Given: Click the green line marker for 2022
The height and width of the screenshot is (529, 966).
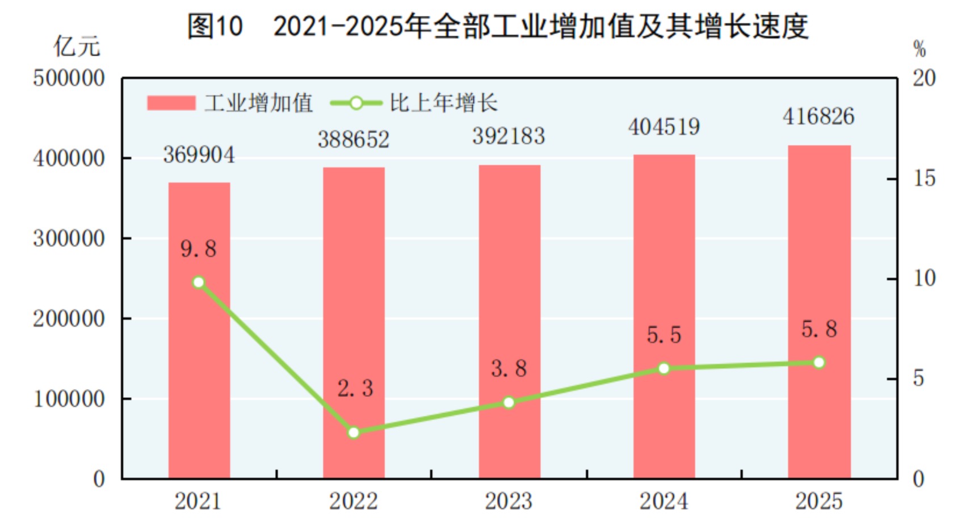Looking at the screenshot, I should coord(354,432).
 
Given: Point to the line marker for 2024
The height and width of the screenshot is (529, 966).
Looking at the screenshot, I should coord(663,369).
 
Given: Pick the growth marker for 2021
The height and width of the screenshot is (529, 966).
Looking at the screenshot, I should coord(199,282).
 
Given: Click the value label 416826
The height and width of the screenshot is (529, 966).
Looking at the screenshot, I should coord(818,116).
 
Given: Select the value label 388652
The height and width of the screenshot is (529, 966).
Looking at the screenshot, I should coord(354,139).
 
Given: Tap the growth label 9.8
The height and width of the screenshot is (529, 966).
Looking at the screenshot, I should coord(198,249).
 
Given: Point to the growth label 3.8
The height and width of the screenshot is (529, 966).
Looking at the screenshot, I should coord(509,369).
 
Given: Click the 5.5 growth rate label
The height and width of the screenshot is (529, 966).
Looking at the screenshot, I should coord(663,335).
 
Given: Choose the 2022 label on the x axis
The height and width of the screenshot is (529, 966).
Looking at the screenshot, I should coord(354,501).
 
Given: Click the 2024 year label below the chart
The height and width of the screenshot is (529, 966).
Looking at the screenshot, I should coord(663,501).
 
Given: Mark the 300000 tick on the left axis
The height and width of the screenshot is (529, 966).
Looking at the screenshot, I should coord(69,239).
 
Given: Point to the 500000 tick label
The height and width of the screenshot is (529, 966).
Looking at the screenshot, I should coord(69,78).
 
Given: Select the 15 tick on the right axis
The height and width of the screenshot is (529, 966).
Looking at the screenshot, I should coord(924,179).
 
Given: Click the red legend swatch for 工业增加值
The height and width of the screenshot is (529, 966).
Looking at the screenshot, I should coord(171,103).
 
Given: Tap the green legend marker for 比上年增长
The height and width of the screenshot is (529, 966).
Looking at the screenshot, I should coord(356,103).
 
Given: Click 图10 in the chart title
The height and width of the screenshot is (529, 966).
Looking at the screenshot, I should coord(215,26).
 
